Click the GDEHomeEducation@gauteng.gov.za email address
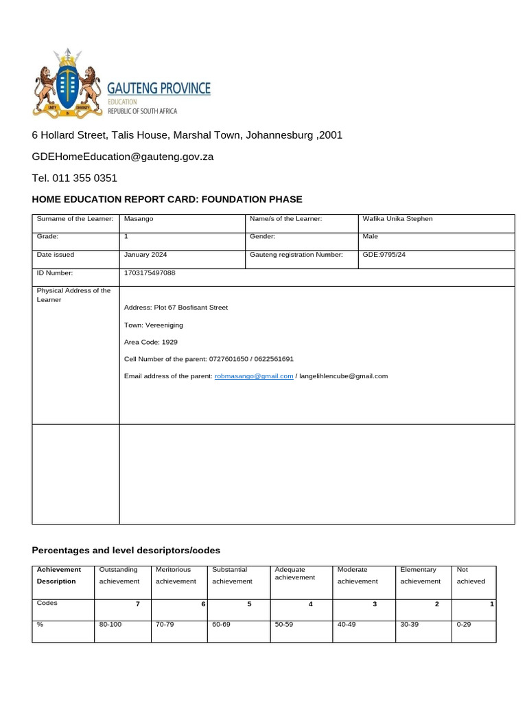point(123,157)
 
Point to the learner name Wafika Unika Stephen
point(397,219)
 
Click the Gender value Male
point(370,236)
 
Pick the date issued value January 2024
point(145,254)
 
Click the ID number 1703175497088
point(150,273)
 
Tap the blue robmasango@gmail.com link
point(254,376)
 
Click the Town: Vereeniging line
point(154,325)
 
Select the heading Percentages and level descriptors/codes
point(126,551)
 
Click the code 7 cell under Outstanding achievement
point(138,603)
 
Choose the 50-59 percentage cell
point(283,625)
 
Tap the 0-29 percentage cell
point(464,625)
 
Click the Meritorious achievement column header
point(176,575)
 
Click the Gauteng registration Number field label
point(297,254)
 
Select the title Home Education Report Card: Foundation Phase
point(167,199)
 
